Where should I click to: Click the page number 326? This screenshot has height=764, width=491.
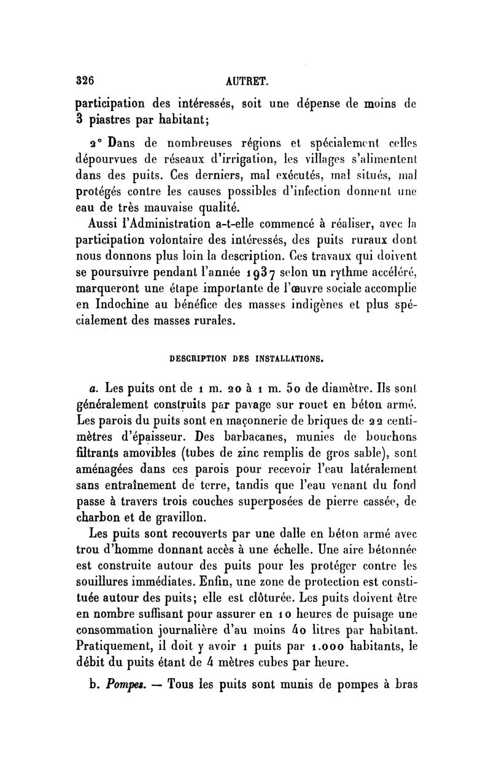83,80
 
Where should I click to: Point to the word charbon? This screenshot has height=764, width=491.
100,517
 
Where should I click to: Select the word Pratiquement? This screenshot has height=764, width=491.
119,645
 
